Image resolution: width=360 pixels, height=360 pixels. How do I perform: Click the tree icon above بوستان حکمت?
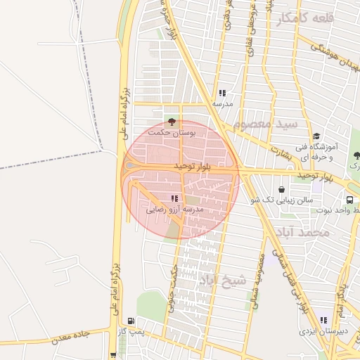click(172, 122)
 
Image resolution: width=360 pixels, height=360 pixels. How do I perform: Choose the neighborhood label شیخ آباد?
click(223, 281)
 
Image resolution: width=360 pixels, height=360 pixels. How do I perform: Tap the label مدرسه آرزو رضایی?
click(174, 210)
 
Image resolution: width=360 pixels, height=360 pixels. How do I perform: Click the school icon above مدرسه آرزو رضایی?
click(174, 199)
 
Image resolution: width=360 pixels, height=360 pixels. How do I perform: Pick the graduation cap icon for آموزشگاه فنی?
click(316, 136)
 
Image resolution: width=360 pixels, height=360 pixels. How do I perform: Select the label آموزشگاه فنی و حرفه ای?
click(316, 152)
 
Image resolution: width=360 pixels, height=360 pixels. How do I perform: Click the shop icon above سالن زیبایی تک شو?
click(282, 190)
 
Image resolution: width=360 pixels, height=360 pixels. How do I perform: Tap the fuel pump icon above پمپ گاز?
click(131, 321)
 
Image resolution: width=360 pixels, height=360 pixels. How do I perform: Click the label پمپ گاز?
click(131, 331)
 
